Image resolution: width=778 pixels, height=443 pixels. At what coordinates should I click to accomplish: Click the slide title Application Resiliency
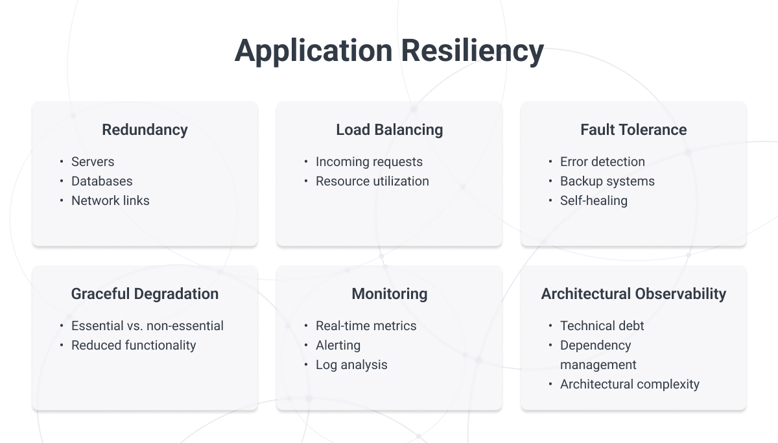tap(389, 51)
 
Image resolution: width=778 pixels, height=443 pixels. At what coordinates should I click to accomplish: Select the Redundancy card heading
tap(145, 130)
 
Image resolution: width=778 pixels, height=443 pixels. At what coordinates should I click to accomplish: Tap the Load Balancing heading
tap(389, 130)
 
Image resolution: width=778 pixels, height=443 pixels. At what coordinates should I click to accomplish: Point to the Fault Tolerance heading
tap(633, 130)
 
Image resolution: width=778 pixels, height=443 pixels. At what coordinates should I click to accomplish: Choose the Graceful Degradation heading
tap(145, 294)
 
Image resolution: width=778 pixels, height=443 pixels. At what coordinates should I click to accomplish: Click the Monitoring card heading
tap(389, 294)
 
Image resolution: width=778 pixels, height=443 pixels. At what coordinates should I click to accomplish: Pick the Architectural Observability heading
tap(633, 294)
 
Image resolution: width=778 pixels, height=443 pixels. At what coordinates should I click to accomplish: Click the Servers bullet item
tap(93, 162)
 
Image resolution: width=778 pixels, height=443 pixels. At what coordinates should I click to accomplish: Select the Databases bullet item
tap(102, 182)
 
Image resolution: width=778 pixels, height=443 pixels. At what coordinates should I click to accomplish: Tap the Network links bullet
tap(110, 201)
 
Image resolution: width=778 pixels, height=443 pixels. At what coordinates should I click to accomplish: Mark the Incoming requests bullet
tap(369, 162)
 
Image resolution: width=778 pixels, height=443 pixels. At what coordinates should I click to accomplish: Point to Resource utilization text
tap(372, 182)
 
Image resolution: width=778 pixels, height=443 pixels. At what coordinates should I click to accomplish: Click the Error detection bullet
tap(602, 162)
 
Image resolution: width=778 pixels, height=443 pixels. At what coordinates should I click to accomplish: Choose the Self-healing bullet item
tap(594, 201)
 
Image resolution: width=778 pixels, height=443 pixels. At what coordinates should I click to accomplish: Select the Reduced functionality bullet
tap(134, 346)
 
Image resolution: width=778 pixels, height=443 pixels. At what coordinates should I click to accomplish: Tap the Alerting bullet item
tap(338, 346)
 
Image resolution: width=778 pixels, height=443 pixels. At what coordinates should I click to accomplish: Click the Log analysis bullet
tap(351, 365)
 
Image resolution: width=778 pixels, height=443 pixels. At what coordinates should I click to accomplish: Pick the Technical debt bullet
tap(602, 326)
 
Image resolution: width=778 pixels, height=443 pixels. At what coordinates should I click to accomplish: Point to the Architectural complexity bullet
tap(630, 385)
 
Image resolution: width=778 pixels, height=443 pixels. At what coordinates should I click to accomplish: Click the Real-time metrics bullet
tap(366, 326)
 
